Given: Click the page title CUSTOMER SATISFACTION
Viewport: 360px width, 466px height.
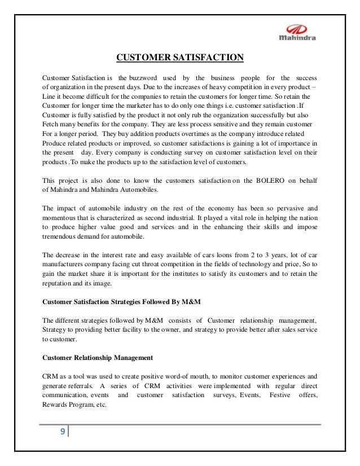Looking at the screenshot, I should pos(179,58).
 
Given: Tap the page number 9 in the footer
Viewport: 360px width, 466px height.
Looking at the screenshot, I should pos(62,433).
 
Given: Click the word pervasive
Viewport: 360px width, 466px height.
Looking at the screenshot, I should pos(282,208).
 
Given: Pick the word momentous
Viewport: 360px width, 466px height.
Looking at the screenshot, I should pos(61,217).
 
